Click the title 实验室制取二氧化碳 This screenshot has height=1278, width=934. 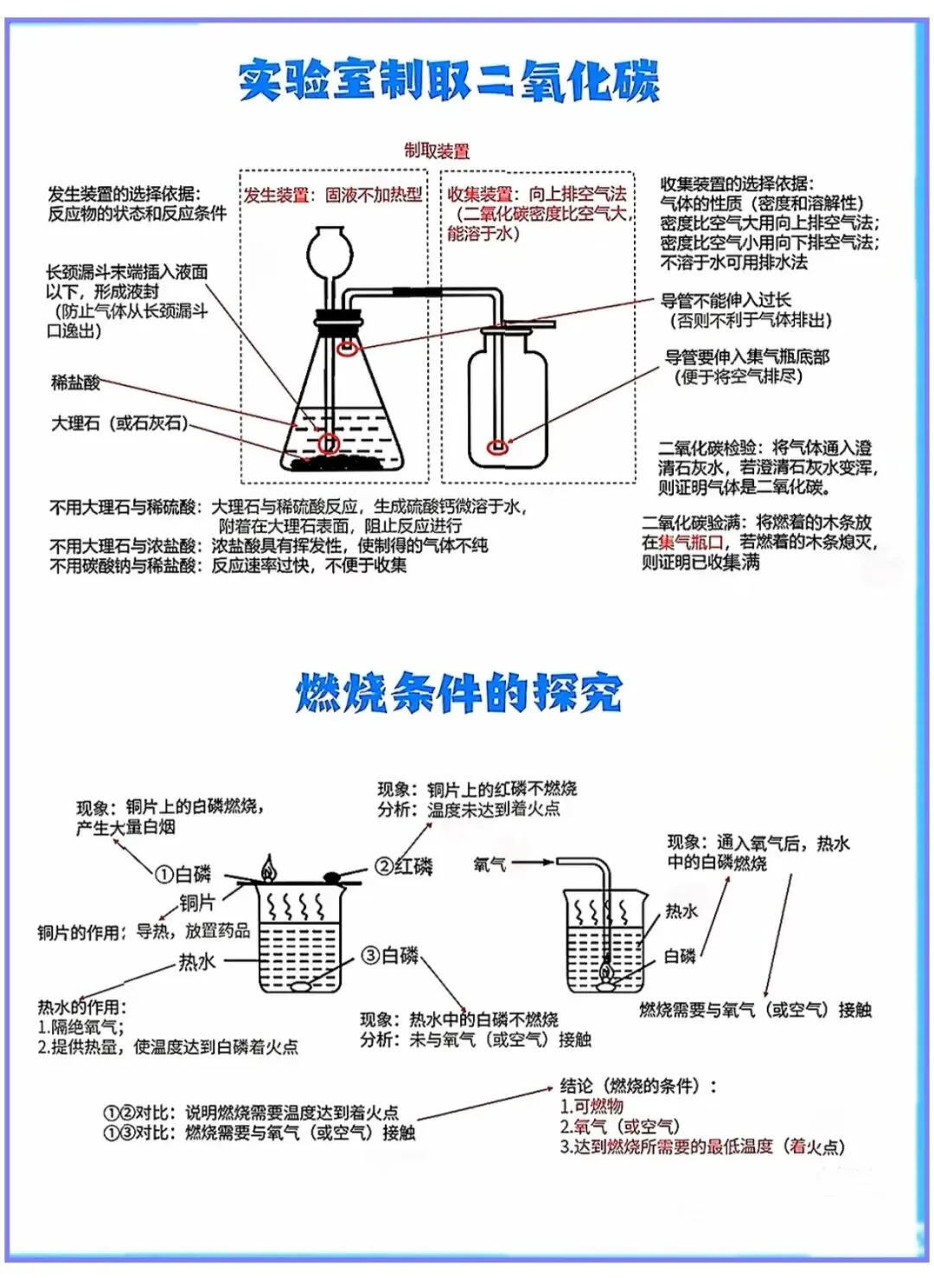[448, 80]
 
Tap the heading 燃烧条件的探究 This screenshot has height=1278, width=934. [458, 692]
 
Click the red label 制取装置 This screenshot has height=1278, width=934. [437, 151]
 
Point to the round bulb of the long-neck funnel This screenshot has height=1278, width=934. [326, 247]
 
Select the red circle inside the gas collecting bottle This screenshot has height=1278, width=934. [496, 446]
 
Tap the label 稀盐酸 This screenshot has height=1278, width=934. [75, 382]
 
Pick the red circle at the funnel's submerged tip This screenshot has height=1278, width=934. [328, 444]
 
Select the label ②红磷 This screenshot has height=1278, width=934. [404, 866]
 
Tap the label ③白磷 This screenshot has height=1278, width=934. [390, 955]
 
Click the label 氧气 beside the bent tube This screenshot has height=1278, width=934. [489, 864]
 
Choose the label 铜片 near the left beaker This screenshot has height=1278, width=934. [196, 902]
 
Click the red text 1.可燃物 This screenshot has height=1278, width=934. [592, 1106]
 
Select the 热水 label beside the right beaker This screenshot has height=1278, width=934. [681, 911]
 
